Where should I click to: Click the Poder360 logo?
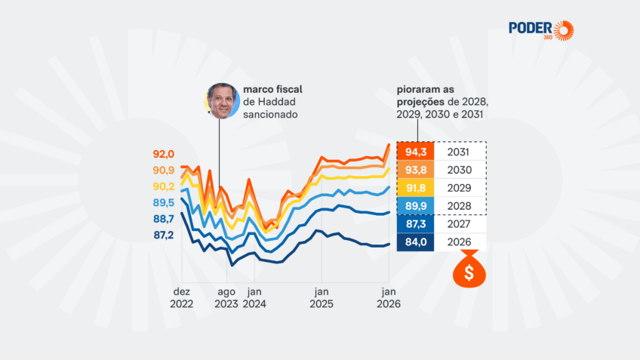[x=540, y=30]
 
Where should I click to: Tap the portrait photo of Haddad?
[x=220, y=101]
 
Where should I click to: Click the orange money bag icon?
[x=469, y=270]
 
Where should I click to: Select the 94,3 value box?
[x=415, y=152]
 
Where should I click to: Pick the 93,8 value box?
[x=415, y=170]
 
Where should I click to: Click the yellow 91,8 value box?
[x=415, y=188]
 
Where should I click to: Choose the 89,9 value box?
[x=415, y=206]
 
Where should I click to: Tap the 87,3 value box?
[x=415, y=224]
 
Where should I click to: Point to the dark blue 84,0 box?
[x=415, y=242]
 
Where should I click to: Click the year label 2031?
[x=459, y=152]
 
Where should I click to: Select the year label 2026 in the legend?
[x=459, y=242]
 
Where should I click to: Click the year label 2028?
[x=459, y=206]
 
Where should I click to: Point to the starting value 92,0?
[x=164, y=154]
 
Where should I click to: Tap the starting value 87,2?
[x=164, y=235]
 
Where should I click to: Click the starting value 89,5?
[x=164, y=203]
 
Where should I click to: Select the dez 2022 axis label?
[x=181, y=297]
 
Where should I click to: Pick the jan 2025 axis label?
[x=322, y=297]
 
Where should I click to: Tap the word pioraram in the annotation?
[x=421, y=89]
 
